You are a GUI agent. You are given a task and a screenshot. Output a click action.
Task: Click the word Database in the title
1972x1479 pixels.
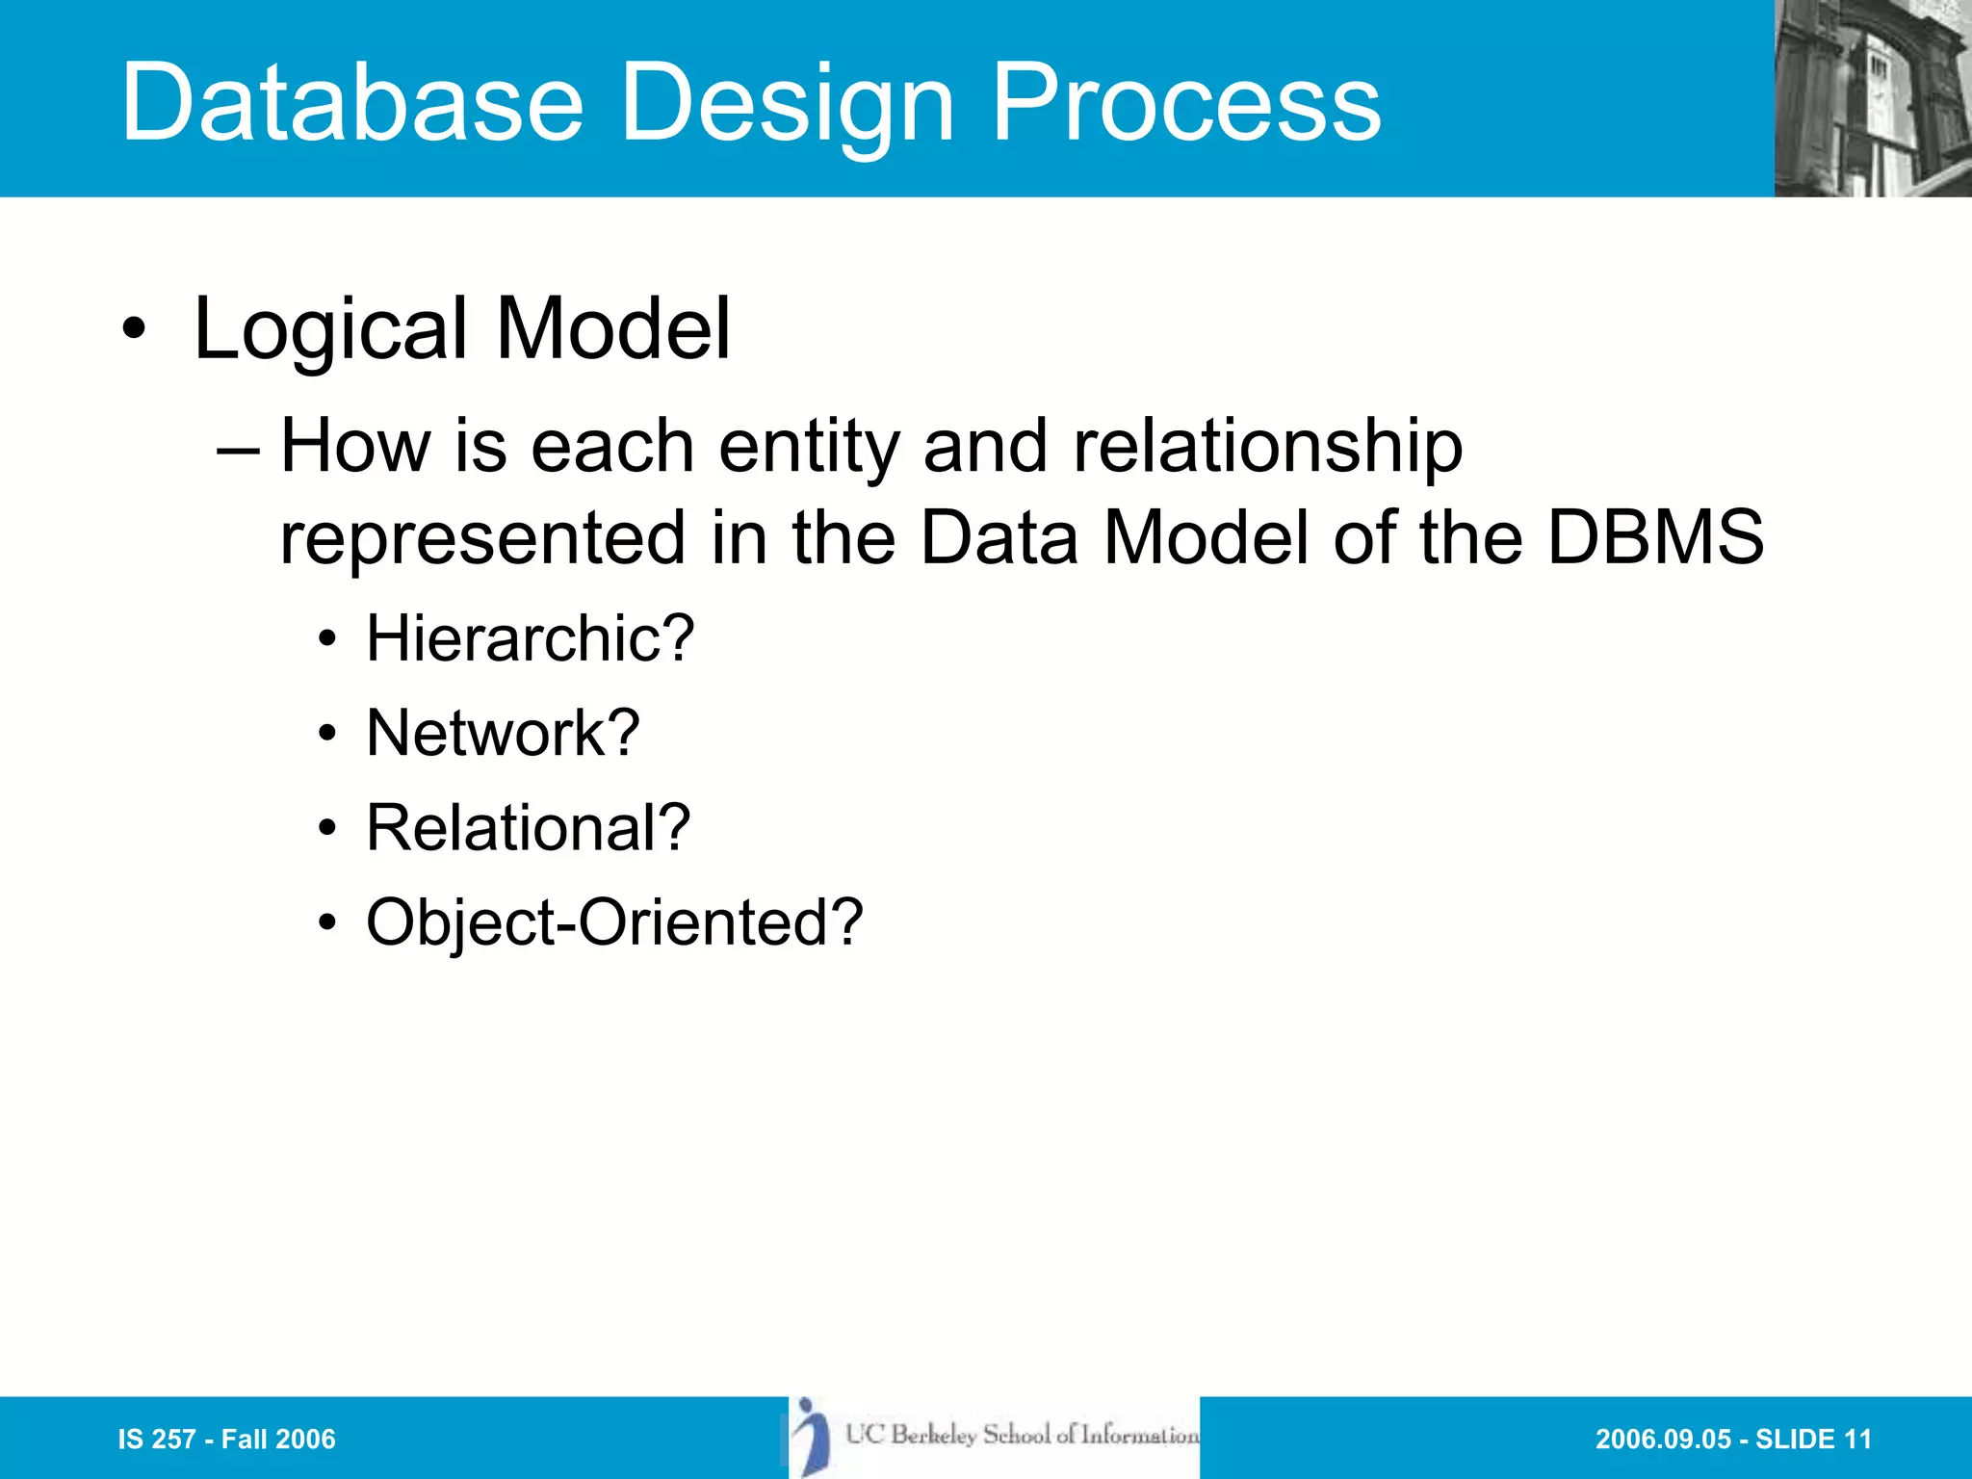pos(352,102)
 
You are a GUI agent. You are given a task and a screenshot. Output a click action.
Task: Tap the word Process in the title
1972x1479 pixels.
pos(1185,102)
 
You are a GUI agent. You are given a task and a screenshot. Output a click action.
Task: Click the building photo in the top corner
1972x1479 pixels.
pos(1872,98)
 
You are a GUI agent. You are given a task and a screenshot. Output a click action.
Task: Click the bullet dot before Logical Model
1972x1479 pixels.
pos(134,329)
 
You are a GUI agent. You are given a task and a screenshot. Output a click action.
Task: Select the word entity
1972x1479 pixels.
pos(808,447)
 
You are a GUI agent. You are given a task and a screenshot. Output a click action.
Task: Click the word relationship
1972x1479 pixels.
pos(1267,447)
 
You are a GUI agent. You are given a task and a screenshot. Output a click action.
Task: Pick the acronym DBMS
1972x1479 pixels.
pos(1654,537)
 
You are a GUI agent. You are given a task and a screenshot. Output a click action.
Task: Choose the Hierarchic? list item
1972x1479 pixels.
pos(530,638)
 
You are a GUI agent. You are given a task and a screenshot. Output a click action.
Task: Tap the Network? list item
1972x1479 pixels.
pos(503,733)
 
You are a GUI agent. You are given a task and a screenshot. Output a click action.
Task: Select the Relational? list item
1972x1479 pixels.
pos(528,827)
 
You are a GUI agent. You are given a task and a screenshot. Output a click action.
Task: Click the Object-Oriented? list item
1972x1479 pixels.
pos(614,922)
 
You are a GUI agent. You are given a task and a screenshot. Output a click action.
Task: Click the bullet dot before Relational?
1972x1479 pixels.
pos(328,828)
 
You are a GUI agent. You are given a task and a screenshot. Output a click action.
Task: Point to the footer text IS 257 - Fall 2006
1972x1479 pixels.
pos(226,1439)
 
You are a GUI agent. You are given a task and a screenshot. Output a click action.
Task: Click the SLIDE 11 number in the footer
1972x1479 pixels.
pos(1813,1439)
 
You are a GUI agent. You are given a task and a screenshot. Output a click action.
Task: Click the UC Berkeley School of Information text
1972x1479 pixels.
pos(1022,1435)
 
